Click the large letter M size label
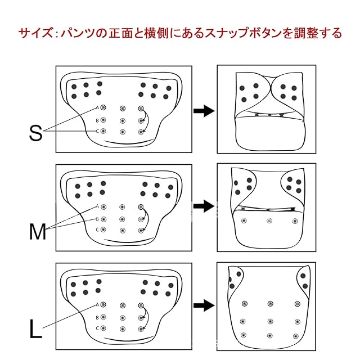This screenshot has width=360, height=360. pos(37,231)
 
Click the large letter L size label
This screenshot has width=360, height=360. pos(35,330)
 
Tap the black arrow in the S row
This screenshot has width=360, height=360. pos(204,111)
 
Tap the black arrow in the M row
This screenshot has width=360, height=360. pos(204,206)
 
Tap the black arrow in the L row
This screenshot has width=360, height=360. pos(204,305)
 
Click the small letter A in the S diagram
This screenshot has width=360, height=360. pos(97,107)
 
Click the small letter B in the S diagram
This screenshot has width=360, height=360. pos(97,120)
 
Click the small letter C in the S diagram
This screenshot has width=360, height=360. pos(97,131)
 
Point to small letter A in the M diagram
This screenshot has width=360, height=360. pos(97,206)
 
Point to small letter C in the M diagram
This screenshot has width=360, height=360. pos(97,229)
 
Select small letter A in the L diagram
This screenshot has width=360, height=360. pos(97,305)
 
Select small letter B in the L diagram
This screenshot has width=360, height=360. pos(97,317)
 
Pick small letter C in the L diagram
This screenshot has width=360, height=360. pos(97,328)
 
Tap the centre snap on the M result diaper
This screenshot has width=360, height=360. pos(269,220)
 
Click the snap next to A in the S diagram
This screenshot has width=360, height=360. pos(103,107)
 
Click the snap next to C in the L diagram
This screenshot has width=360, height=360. pos(103,328)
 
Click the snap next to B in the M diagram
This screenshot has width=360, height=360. pos(103,219)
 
